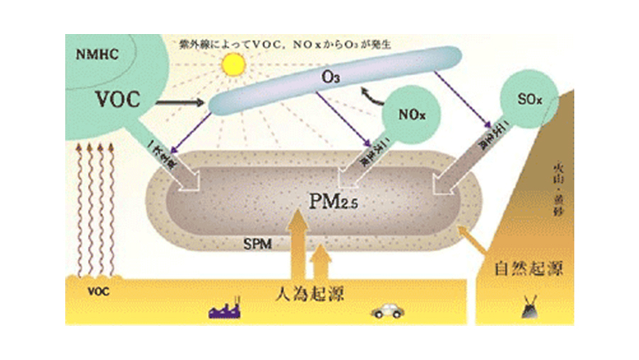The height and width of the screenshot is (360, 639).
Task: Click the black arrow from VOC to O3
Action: [x=178, y=104]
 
